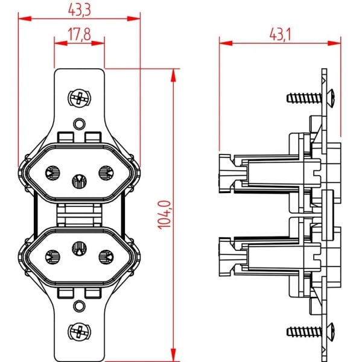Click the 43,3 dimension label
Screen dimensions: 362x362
79,9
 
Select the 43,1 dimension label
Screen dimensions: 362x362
279,34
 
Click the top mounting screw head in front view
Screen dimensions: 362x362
78,98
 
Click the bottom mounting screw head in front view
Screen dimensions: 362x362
78,330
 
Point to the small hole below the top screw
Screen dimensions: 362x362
78,124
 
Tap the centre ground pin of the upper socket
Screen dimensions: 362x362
78,180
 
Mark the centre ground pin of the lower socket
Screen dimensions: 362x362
78,247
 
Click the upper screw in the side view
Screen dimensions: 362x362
308,97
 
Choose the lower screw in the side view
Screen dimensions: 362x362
308,331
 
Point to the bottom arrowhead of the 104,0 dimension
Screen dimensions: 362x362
174,355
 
